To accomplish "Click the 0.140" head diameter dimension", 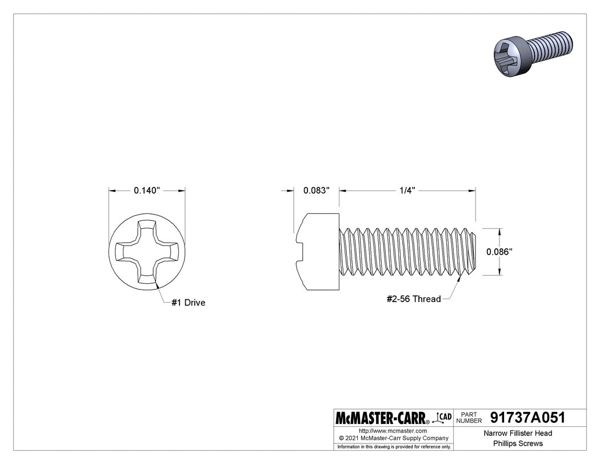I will click(147, 191).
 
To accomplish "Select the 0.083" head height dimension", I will click(317, 191).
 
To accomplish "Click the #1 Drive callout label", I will click(188, 303).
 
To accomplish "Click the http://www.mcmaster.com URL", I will click(393, 430).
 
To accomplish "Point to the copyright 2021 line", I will click(393, 438).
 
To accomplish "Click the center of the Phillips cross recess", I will click(147, 251).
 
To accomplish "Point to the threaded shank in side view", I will click(408, 252).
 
